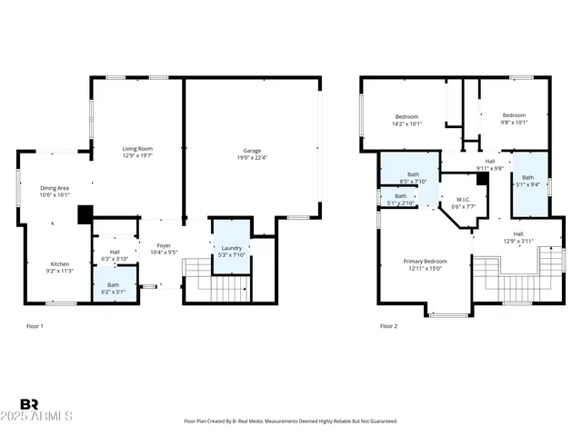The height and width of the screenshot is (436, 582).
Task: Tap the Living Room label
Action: [x=137, y=152]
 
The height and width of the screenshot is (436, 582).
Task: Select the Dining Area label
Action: [x=55, y=191]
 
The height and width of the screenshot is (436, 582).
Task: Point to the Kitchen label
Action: [x=58, y=266]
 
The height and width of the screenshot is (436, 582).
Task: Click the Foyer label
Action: [x=164, y=249]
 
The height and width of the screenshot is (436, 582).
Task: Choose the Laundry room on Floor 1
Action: [x=231, y=251]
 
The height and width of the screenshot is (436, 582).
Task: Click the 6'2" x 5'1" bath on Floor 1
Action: [x=113, y=289]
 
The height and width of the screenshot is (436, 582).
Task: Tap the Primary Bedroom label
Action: [x=425, y=264]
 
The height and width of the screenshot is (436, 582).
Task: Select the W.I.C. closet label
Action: [x=464, y=203]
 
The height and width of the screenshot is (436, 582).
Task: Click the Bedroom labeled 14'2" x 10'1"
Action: [x=406, y=120]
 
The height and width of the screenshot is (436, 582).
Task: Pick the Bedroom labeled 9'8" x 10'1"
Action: [x=514, y=119]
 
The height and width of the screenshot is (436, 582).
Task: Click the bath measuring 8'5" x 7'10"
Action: [x=413, y=177]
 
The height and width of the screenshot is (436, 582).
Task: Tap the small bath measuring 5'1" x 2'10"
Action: [x=401, y=200]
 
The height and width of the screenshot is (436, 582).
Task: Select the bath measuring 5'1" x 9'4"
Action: [x=527, y=181]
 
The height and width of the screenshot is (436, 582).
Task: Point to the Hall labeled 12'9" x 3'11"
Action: [x=518, y=237]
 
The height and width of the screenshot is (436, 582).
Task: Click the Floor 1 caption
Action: [x=34, y=326]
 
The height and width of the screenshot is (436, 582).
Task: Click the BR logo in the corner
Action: [x=29, y=404]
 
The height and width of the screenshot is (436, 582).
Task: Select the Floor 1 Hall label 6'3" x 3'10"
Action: [x=115, y=255]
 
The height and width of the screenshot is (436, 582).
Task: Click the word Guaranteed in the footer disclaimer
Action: [x=381, y=421]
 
